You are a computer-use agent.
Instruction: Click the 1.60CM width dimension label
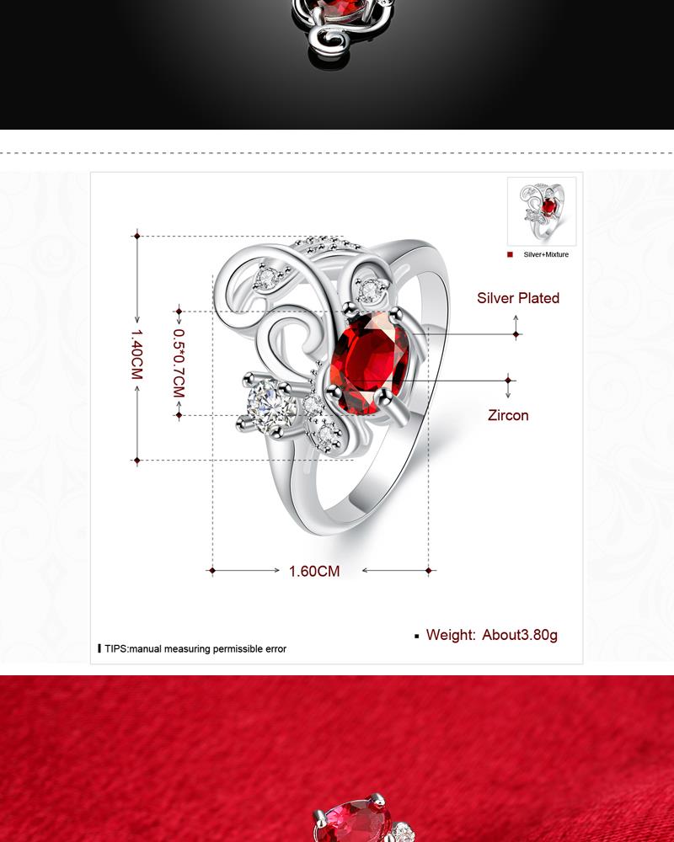[x=314, y=572]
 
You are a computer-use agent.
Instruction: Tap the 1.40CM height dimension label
[x=136, y=354]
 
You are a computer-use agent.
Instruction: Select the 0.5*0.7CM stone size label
[x=179, y=363]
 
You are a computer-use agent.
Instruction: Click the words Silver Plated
[x=518, y=298]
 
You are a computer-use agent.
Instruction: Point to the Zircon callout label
[x=508, y=415]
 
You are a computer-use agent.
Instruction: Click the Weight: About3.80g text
[x=492, y=635]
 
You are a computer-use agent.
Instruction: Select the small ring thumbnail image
[x=542, y=211]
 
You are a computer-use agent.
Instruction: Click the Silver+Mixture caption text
[x=546, y=254]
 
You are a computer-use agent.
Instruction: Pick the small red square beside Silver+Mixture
[x=510, y=254]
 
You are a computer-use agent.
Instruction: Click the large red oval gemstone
[x=369, y=364]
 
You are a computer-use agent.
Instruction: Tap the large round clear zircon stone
[x=270, y=403]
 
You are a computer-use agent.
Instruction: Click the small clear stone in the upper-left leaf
[x=266, y=278]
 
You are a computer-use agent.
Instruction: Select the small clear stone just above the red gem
[x=369, y=291]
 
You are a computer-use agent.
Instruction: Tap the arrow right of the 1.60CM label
[x=398, y=570]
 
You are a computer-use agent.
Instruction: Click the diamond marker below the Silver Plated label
[x=516, y=334]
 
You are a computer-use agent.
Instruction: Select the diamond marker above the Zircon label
[x=508, y=381]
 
